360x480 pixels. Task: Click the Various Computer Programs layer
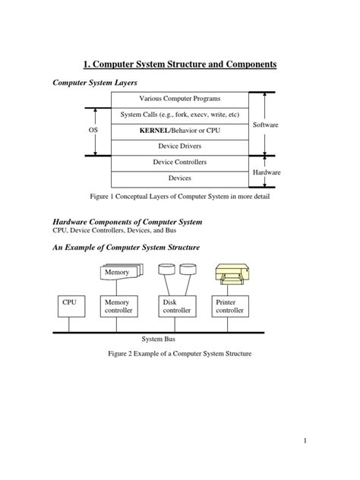(x=179, y=99)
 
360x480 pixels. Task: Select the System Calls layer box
(x=179, y=115)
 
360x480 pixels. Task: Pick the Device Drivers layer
(x=179, y=146)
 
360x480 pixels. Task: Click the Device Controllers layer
(x=179, y=162)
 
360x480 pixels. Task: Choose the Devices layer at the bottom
(x=179, y=178)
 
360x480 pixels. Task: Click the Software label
(x=266, y=123)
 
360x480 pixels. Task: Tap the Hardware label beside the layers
(x=266, y=172)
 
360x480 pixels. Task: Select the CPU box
(x=69, y=306)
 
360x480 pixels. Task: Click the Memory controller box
(x=118, y=306)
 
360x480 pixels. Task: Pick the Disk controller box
(x=176, y=306)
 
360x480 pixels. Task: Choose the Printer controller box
(x=230, y=306)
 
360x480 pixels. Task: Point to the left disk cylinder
(x=166, y=270)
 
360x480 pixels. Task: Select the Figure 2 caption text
(x=179, y=354)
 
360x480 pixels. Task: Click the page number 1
(x=303, y=441)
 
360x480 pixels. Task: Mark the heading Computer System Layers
(x=94, y=82)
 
